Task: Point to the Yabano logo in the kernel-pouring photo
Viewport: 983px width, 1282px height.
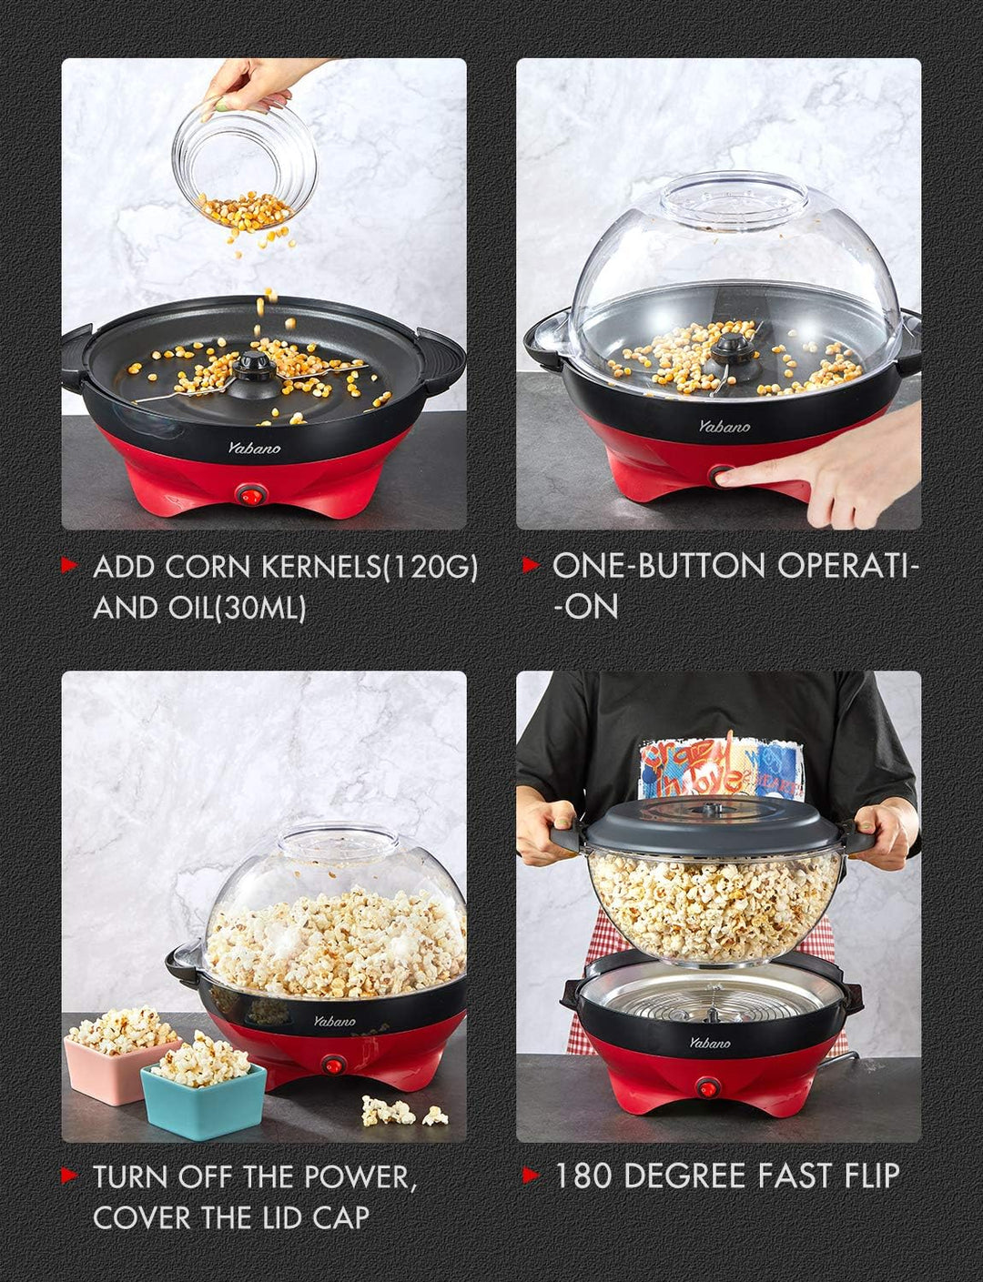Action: pos(254,447)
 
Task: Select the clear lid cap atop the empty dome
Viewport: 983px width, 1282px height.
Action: pos(733,196)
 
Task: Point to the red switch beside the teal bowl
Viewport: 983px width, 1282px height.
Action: pos(334,1065)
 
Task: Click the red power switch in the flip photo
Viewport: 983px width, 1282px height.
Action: pos(707,1087)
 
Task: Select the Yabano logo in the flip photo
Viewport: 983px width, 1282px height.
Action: pos(709,1043)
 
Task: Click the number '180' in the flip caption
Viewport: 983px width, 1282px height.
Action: pos(584,1176)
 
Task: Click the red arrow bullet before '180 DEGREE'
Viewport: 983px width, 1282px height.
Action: pos(531,1175)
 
